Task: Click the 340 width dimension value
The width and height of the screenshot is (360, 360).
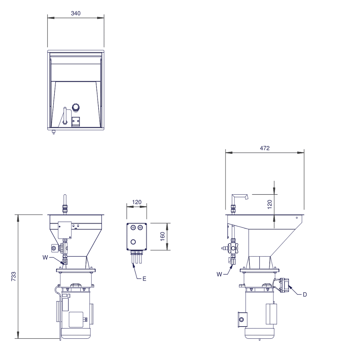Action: [x=76, y=13]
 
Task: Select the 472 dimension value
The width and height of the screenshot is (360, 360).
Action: [x=265, y=148]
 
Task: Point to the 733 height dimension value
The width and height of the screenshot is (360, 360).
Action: [x=14, y=276]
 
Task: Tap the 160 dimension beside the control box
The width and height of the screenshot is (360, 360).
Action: [x=163, y=237]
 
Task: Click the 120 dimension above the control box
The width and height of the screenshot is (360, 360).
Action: [x=137, y=202]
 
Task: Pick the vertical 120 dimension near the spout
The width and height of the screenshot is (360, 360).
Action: [x=270, y=204]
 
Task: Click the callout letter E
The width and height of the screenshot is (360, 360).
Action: [x=144, y=279]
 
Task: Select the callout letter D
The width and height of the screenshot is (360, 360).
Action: [x=305, y=294]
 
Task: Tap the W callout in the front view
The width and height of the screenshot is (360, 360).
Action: [x=45, y=257]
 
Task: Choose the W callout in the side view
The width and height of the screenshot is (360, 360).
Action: [x=219, y=274]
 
